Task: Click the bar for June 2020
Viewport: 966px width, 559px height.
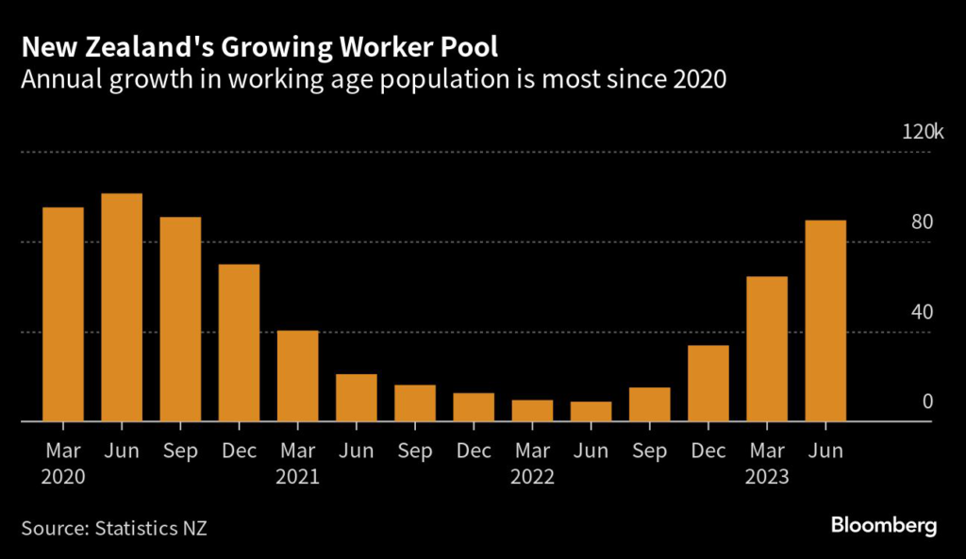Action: click(x=122, y=307)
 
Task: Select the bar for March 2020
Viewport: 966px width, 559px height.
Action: click(x=63, y=314)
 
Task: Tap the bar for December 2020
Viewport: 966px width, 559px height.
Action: click(x=239, y=343)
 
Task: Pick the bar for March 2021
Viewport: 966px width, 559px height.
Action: click(x=298, y=376)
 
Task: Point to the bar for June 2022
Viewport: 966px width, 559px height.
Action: click(x=591, y=412)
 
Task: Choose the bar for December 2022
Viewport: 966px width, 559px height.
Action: click(x=708, y=384)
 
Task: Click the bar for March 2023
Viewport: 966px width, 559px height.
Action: click(x=767, y=349)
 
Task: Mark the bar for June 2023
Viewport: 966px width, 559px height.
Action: click(x=825, y=321)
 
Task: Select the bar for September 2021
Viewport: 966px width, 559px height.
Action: click(x=415, y=403)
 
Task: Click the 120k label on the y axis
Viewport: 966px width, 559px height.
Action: click(x=923, y=131)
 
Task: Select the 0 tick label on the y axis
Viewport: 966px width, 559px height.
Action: click(x=927, y=402)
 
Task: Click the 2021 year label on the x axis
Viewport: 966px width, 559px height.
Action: click(x=298, y=477)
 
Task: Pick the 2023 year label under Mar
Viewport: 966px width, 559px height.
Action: click(x=767, y=477)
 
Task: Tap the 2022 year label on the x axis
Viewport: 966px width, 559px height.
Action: click(x=532, y=477)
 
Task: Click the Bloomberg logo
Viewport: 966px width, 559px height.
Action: click(x=884, y=525)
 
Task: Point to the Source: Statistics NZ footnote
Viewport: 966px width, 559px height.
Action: click(x=114, y=527)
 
